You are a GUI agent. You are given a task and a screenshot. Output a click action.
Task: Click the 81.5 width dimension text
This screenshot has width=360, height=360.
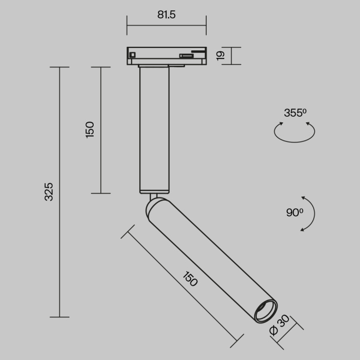(x=167, y=14)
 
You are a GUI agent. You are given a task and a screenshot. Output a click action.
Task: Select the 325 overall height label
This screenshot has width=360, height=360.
(x=48, y=191)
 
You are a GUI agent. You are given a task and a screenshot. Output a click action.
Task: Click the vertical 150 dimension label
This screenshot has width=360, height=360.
(x=89, y=130)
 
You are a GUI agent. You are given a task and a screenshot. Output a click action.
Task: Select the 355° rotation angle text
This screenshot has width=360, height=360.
(x=295, y=113)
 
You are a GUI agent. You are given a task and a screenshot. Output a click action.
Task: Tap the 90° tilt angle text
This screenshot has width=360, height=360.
(x=294, y=212)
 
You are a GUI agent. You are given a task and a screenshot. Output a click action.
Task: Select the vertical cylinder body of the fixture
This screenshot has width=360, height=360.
(x=154, y=129)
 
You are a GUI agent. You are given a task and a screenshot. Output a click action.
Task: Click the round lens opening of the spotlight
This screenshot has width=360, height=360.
(x=266, y=311)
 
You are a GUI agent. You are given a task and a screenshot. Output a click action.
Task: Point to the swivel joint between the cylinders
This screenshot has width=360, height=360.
(x=152, y=196)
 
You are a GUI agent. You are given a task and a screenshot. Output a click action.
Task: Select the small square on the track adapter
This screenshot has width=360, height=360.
(x=133, y=55)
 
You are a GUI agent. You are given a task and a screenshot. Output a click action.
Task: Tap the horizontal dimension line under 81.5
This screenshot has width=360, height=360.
(x=167, y=25)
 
